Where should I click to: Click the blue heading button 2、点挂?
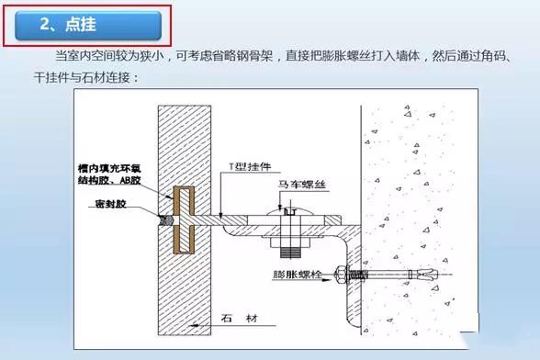tap(88, 25)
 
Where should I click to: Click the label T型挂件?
tap(251, 167)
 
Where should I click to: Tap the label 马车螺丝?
tap(301, 185)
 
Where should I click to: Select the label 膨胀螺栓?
tap(298, 275)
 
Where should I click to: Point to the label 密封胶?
tap(111, 204)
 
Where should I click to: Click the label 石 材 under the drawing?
tap(240, 319)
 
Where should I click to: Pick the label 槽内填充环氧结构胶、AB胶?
tap(109, 174)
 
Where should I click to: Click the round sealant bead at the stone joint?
tap(167, 220)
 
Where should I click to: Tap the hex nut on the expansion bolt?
tap(342, 275)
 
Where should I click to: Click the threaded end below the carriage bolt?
tap(290, 253)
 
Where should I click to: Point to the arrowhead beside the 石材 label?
tap(194, 325)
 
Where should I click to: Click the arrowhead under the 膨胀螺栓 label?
tap(326, 280)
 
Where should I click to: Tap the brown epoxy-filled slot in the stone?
tap(184, 220)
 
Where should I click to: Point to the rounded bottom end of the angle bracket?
tap(353, 323)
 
